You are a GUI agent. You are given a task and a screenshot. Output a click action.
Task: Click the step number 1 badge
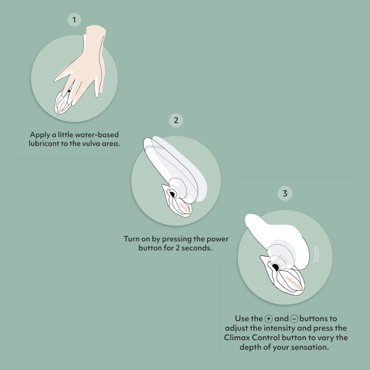point(74,20)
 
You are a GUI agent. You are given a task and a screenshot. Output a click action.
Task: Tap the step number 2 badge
point(176,120)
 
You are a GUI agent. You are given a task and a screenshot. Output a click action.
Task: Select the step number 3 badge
point(285,194)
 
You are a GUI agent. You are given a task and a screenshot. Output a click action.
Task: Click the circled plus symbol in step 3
point(269,319)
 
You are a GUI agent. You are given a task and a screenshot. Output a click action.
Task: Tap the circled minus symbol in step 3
point(294,319)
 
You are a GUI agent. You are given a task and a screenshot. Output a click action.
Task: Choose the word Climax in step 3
point(237,338)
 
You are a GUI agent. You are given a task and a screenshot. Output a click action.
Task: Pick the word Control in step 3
point(266,338)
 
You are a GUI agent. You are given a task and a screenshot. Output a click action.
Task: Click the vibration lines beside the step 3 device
point(316,254)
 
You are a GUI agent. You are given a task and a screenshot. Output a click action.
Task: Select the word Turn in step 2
point(132,239)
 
